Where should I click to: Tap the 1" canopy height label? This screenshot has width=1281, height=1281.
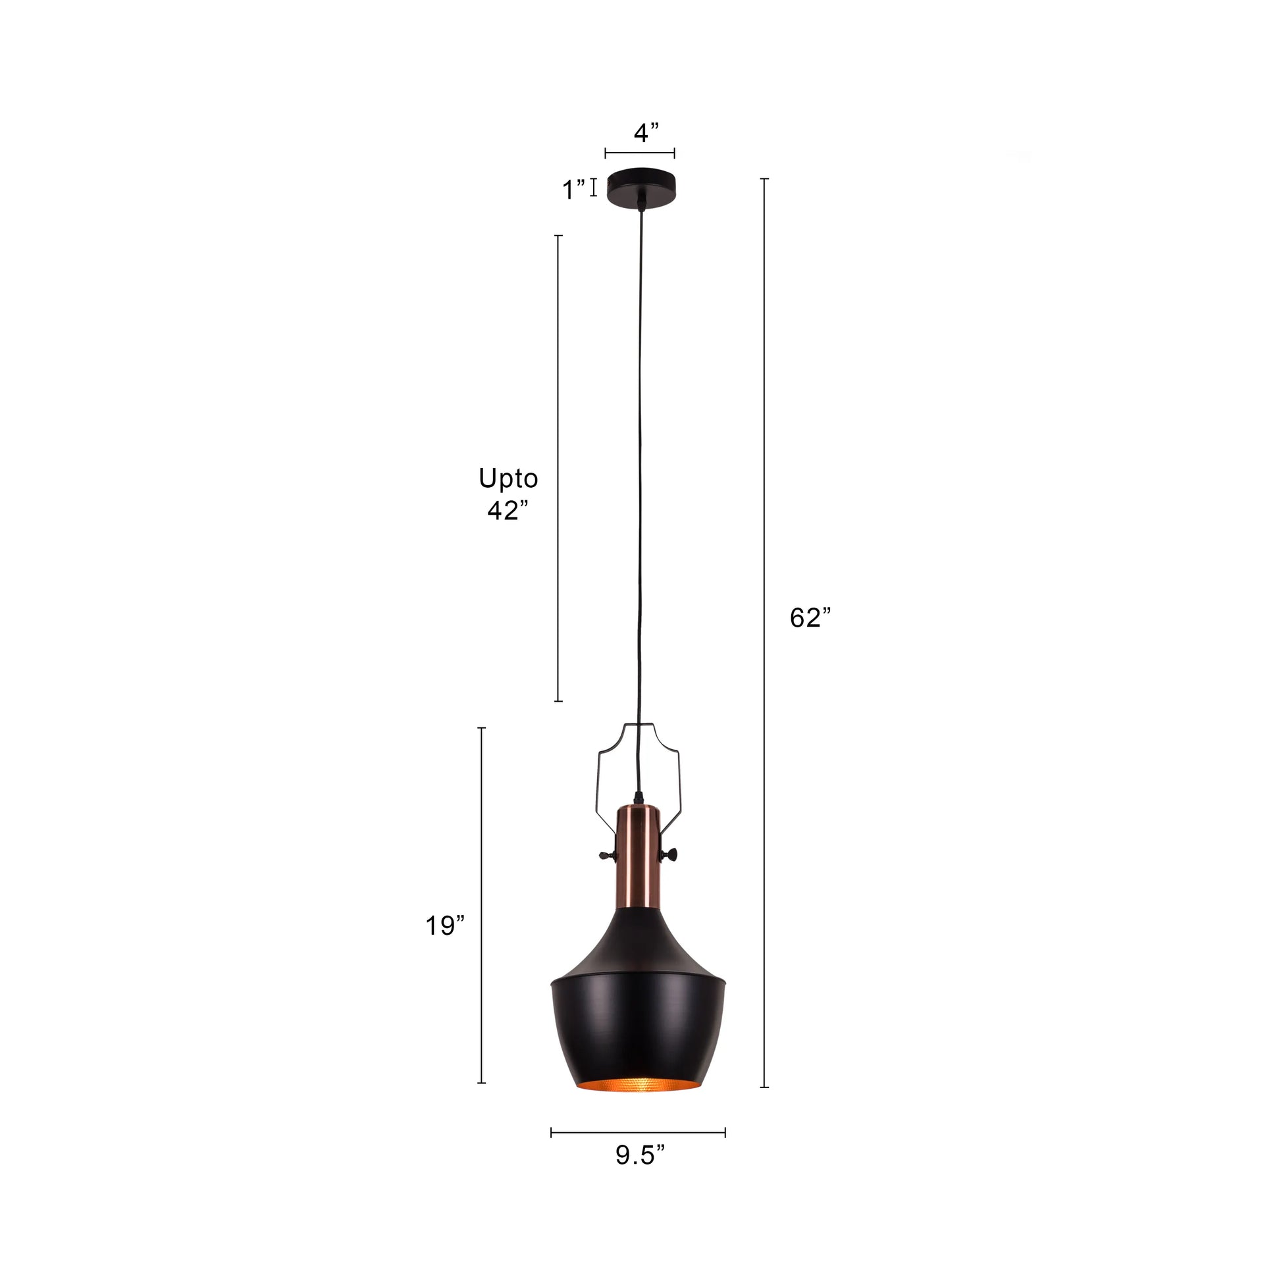pos(573,190)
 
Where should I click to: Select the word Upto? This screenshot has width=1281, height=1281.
pos(508,478)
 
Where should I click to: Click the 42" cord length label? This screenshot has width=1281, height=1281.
pos(508,510)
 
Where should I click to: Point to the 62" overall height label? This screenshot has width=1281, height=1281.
pos(810,618)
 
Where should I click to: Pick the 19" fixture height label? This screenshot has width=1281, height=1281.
pos(445,926)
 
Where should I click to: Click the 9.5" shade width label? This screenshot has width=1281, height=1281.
pos(639,1155)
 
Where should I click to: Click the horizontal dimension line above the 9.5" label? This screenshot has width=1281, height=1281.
pos(638,1132)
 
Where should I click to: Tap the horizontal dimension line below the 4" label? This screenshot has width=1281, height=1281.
pos(640,154)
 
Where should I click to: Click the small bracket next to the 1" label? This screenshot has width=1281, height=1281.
pos(593,188)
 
